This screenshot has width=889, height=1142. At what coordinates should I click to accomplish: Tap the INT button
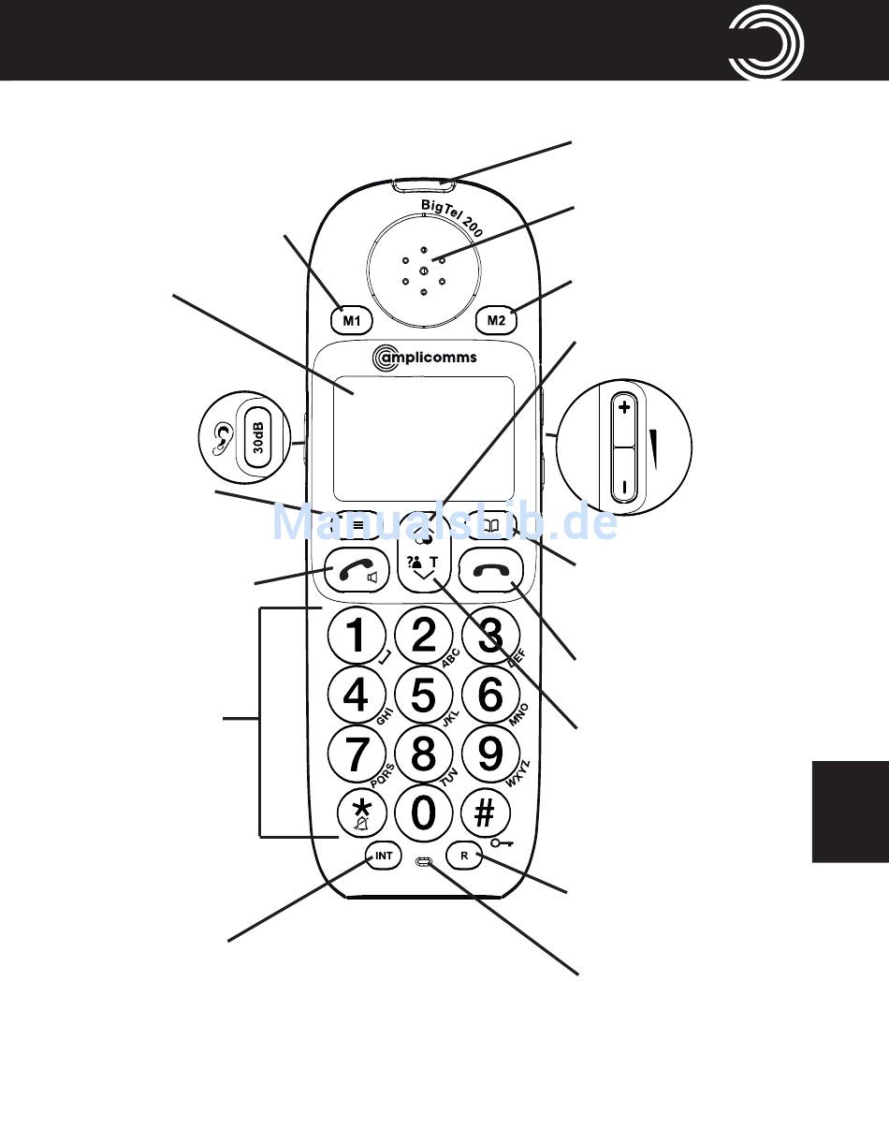(x=384, y=856)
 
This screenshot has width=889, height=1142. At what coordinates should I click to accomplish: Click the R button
(x=464, y=856)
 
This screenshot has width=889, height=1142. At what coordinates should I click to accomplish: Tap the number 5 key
(x=424, y=695)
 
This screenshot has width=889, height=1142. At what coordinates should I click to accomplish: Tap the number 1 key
(x=357, y=637)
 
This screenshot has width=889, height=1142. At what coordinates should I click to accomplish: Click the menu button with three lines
(x=358, y=525)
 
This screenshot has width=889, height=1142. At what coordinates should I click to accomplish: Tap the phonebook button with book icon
(x=490, y=525)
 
